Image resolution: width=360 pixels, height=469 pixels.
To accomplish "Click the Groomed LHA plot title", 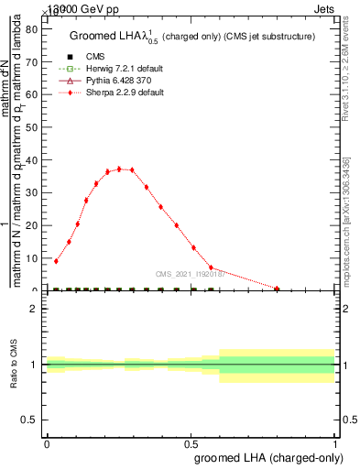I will [192, 37].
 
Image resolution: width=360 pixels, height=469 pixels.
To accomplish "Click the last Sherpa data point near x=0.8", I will [277, 289].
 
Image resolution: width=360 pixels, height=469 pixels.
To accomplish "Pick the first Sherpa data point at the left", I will [56, 261].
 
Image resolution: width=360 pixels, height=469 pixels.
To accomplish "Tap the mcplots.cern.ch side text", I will [349, 220].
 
